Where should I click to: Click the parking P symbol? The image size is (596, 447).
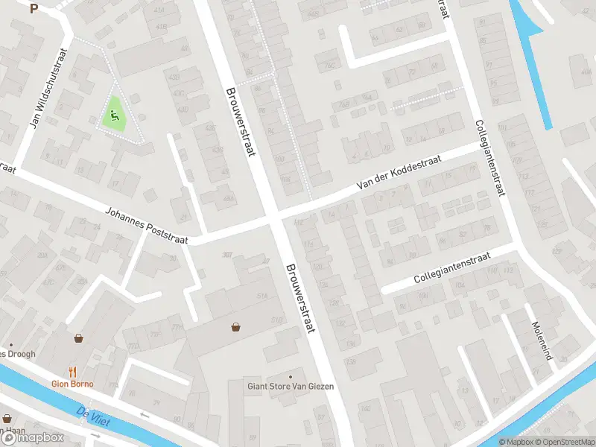point(34,9)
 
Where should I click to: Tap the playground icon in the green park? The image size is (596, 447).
point(113,115)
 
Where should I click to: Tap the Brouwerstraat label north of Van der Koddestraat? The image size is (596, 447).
point(240,121)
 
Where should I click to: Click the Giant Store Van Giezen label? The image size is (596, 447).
point(291,386)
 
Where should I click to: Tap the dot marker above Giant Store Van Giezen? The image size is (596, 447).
point(291,375)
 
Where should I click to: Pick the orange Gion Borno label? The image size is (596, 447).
point(72,384)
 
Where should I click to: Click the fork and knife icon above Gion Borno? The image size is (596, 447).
point(72,372)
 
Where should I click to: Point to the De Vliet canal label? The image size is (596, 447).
point(93,417)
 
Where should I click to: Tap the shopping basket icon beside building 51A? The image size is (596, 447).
point(236,326)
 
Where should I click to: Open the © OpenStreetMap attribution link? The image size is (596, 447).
point(563,442)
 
